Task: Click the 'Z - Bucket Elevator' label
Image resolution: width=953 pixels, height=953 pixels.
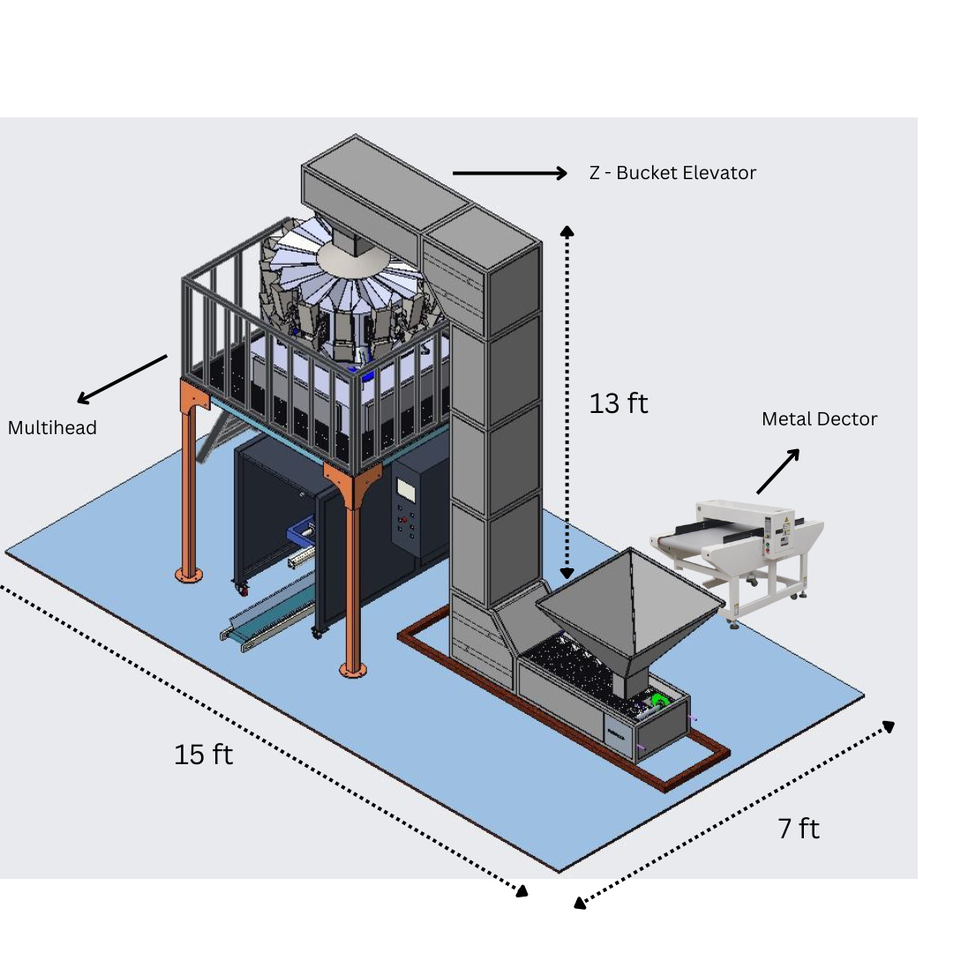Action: (672, 173)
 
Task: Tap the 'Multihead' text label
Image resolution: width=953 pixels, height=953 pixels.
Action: (52, 428)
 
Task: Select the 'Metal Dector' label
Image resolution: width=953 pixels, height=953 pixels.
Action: (819, 419)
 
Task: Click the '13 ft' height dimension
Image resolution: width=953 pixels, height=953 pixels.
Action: (619, 403)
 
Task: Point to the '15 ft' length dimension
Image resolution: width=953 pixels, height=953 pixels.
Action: (203, 754)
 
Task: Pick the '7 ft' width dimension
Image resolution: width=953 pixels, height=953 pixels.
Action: (799, 829)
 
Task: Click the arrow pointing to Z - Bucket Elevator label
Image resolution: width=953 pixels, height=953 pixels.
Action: (510, 174)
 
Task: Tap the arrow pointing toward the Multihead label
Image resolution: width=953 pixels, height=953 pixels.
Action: (122, 379)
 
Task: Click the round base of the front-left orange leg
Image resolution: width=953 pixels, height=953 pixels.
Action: (188, 574)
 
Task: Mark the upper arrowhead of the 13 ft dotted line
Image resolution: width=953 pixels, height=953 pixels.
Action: (567, 232)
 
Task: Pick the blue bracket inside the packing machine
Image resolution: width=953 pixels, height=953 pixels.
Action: (302, 533)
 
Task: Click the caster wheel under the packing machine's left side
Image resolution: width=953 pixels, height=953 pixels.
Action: (241, 588)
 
